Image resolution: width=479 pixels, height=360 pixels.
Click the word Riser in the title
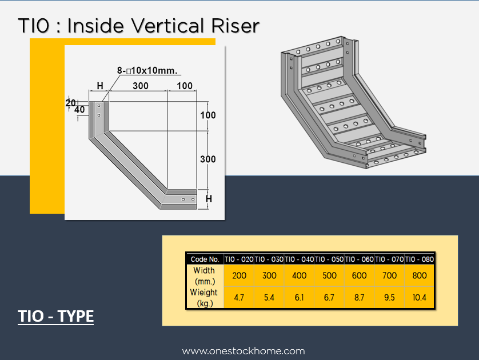coord(235,26)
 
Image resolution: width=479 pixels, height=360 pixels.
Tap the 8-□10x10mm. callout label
coord(147,70)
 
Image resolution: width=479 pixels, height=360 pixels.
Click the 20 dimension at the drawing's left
coord(70,103)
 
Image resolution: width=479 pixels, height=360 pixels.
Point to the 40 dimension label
coord(79,109)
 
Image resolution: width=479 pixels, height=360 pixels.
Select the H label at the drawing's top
coord(100,86)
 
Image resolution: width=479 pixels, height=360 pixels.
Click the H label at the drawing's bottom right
coord(209,199)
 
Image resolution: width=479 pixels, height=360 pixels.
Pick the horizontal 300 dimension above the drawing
coord(141,86)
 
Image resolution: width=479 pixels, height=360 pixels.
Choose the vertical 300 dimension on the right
coord(208,159)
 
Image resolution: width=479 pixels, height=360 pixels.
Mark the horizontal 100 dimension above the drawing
coord(185,86)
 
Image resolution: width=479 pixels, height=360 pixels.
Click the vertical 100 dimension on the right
coord(208,115)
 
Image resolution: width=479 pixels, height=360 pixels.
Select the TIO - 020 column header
coord(239,259)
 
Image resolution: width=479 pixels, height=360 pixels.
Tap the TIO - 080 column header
coord(420,259)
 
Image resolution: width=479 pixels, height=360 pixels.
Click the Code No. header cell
coord(205,259)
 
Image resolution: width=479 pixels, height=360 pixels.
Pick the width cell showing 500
coord(329,275)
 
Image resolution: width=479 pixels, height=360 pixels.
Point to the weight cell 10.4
coord(420,297)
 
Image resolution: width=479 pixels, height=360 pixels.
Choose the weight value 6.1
coord(299,297)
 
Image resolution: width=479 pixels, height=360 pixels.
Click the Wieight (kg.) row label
coord(203,298)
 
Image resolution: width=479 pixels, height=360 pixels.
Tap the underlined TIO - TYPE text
coord(55,317)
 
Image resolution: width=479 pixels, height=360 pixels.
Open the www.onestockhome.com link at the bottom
coord(244,351)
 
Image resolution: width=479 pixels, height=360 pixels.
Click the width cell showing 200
coord(239,275)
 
